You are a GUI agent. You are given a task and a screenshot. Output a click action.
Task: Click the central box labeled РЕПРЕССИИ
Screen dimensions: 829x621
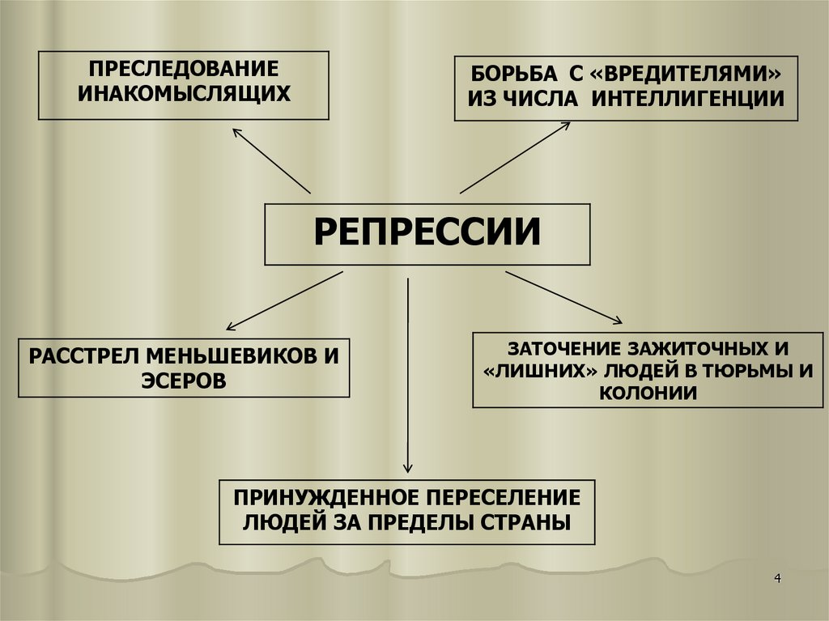pyautogui.click(x=427, y=234)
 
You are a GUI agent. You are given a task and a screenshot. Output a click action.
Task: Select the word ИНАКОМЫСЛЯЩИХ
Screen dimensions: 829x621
pyautogui.click(x=184, y=95)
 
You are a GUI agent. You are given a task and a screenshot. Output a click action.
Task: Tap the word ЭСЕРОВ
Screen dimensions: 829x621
pyautogui.click(x=183, y=380)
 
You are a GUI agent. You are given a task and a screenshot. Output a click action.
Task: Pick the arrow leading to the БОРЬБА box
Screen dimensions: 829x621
pyautogui.click(x=515, y=158)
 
